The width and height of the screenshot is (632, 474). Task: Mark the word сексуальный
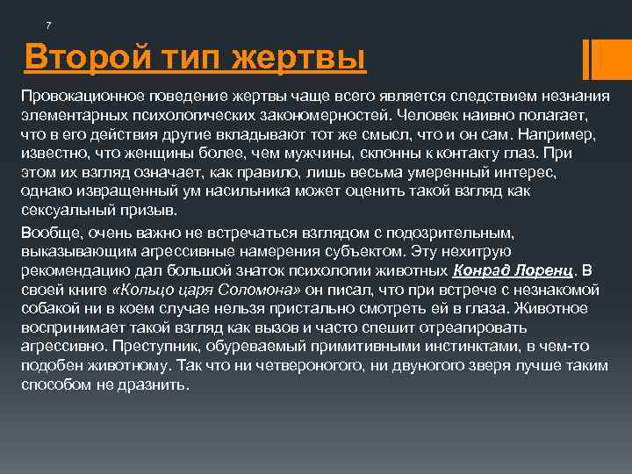click(x=60, y=212)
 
